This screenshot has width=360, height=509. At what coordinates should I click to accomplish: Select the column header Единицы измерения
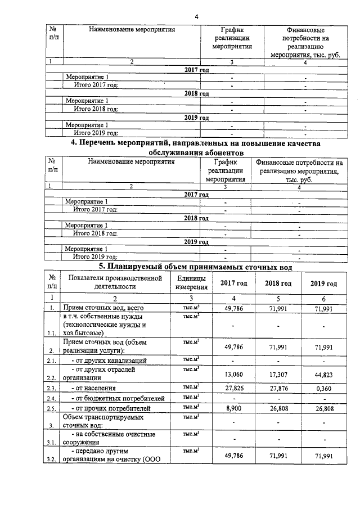[191, 283]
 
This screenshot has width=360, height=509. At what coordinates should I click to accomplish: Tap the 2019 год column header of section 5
[323, 283]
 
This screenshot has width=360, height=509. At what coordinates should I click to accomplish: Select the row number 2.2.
[52, 379]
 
